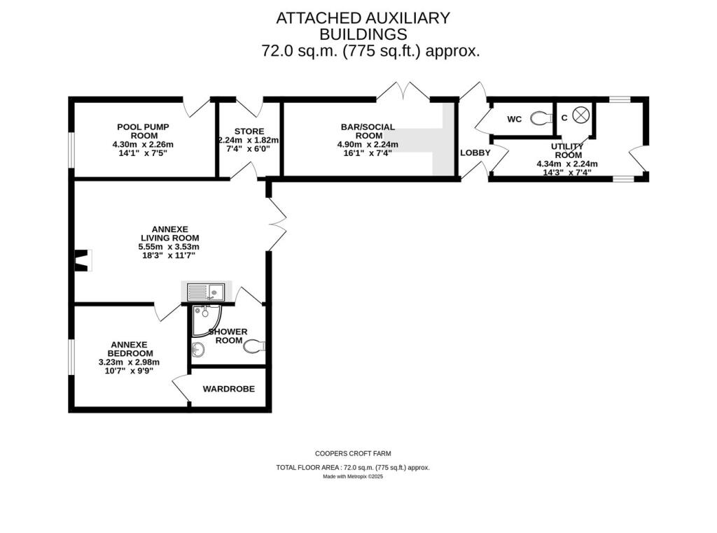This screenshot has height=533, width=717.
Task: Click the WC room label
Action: (x=514, y=120)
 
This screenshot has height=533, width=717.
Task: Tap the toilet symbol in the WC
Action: (x=538, y=118)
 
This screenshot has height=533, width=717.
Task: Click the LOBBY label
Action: (x=475, y=153)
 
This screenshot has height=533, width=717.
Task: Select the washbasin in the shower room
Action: (x=197, y=349)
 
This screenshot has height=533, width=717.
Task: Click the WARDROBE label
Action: (x=228, y=390)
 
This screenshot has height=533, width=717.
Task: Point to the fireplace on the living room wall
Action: (x=83, y=261)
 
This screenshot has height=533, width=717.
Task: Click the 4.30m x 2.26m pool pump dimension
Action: (x=142, y=145)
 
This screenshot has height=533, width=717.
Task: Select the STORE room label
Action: (x=249, y=130)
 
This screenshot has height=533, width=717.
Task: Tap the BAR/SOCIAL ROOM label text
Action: (x=368, y=132)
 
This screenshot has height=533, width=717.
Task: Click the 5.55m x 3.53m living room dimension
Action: (x=169, y=247)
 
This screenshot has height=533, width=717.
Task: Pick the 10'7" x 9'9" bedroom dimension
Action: (x=129, y=371)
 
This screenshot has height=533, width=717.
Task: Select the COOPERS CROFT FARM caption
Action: (x=353, y=453)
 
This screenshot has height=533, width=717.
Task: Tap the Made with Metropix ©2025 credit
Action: (x=353, y=477)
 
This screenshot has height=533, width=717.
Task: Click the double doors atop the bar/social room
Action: (x=404, y=92)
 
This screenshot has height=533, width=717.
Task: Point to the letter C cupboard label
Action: (x=564, y=118)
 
